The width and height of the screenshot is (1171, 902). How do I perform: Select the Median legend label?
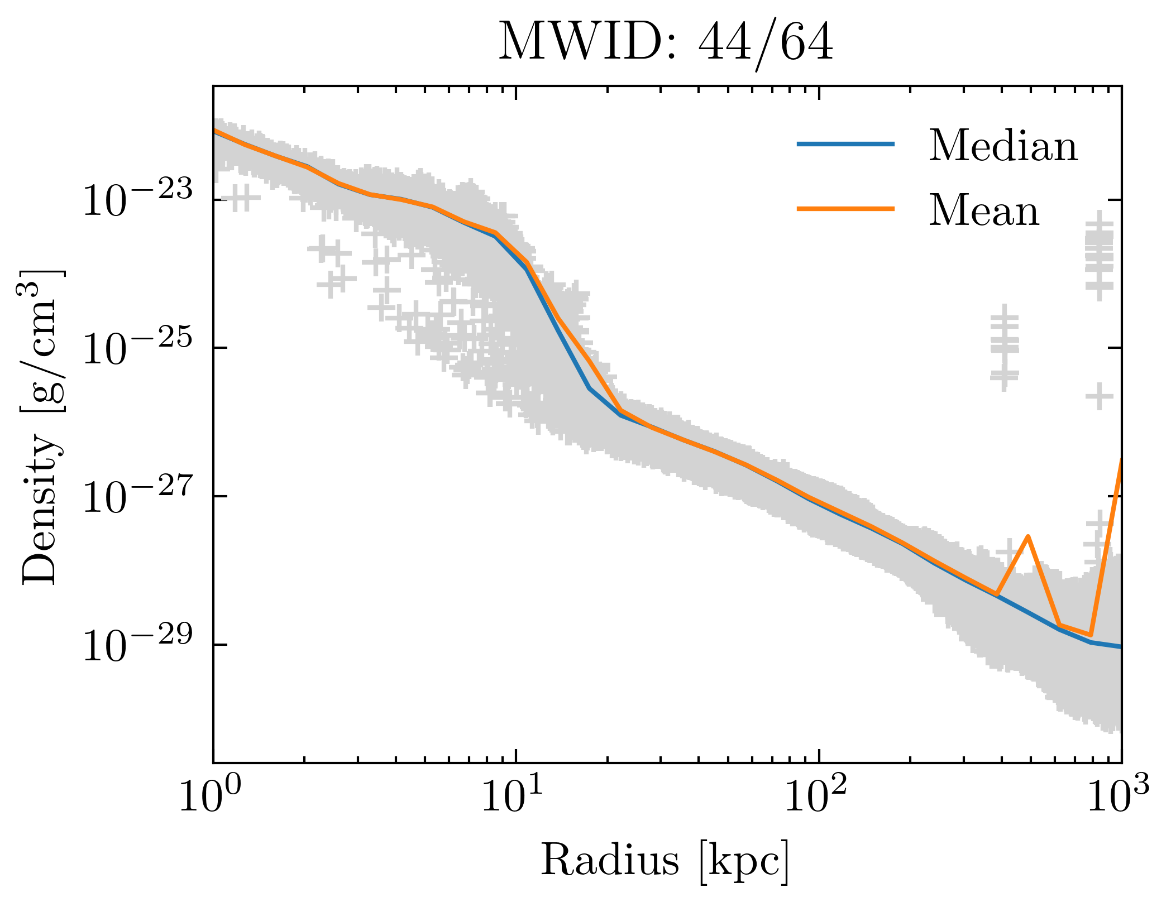1003,146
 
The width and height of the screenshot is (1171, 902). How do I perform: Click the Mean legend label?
984,211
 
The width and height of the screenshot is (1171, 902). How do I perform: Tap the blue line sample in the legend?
845,144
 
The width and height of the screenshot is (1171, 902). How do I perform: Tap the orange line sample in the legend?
845,208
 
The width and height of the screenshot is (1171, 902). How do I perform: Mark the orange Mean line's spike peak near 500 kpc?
1027,536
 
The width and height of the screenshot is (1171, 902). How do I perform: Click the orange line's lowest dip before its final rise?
1090,635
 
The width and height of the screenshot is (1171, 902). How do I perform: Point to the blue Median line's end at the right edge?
1120,646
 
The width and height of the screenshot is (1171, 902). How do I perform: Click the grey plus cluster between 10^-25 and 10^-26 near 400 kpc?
1005,346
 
